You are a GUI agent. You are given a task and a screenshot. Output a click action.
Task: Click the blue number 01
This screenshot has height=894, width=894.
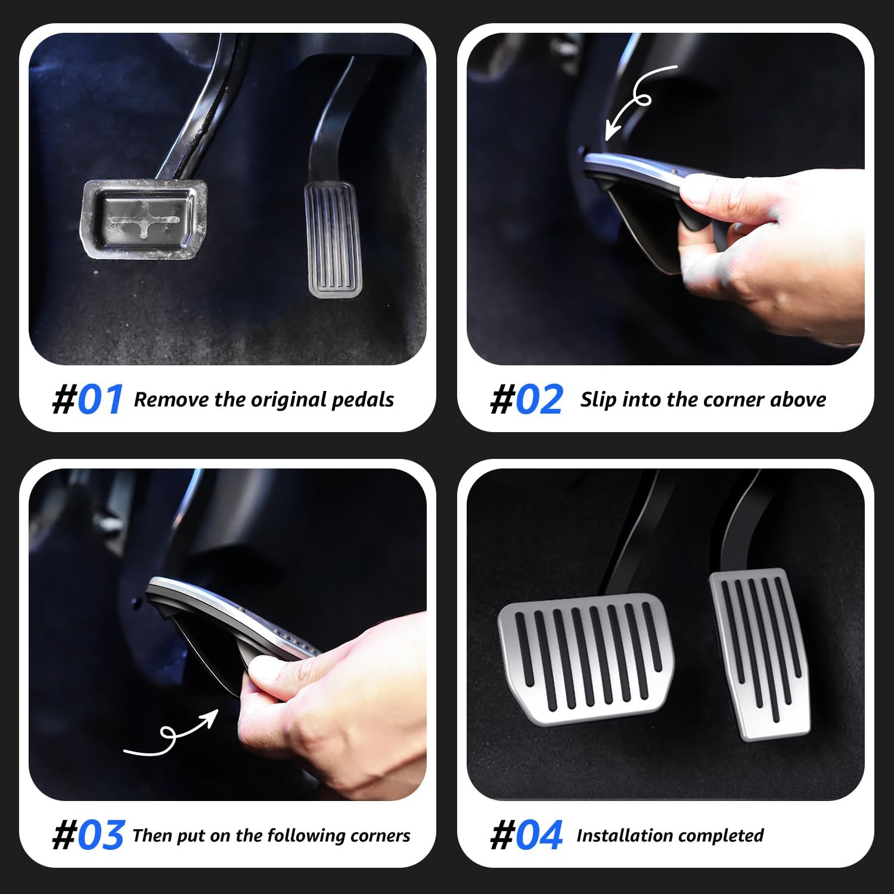(x=100, y=399)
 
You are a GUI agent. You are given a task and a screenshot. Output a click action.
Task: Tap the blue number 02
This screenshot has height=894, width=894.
(x=539, y=399)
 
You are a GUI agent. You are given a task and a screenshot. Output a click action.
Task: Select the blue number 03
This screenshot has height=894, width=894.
(x=100, y=836)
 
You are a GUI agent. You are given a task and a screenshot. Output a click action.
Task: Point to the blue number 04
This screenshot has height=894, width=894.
(x=539, y=836)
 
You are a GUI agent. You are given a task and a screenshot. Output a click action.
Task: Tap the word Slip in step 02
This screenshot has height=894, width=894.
(x=598, y=400)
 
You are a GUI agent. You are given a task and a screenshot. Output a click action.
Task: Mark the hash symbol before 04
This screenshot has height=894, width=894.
(x=502, y=836)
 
